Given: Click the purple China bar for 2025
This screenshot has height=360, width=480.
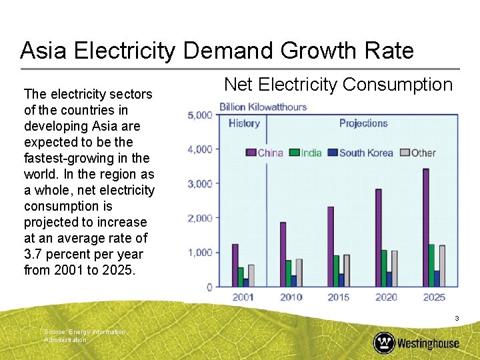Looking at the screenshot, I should click(425, 227).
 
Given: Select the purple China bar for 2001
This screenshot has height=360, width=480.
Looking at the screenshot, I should click(235, 265).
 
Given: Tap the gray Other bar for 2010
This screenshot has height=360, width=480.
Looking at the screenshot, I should click(299, 273).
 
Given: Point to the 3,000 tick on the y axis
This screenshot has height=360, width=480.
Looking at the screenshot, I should click(200, 183).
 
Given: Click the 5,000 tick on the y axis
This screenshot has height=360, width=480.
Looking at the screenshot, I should click(200, 115).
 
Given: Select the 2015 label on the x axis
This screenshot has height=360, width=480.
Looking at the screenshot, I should click(339, 297).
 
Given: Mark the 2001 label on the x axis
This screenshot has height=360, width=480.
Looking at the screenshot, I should click(243, 297).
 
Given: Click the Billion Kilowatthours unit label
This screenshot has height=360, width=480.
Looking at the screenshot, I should click(263, 107).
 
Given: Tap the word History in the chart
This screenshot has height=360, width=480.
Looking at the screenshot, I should click(244, 123).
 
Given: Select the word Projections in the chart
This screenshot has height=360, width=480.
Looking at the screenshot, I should click(363, 123).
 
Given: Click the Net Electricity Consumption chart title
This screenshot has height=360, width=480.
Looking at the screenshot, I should click(338, 85).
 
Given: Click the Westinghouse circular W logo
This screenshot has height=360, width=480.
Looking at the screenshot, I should click(384, 343).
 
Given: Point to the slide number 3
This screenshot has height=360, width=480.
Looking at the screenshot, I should click(457, 319).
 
